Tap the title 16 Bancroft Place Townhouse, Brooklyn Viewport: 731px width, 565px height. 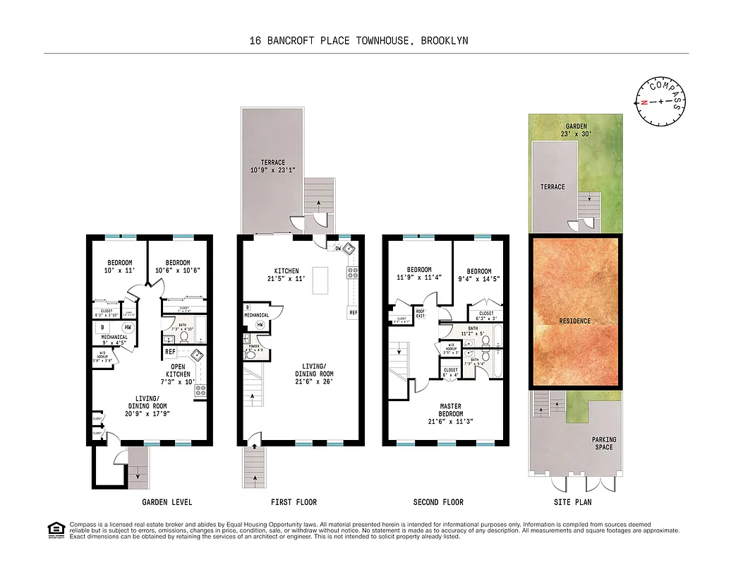(358, 41)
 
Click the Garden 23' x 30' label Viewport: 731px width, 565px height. (576, 129)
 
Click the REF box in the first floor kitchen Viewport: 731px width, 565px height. (351, 312)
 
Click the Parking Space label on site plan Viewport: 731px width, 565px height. (603, 444)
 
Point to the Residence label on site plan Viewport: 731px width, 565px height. (575, 321)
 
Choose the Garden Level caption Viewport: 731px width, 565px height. (167, 502)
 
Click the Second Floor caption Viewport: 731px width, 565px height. (438, 502)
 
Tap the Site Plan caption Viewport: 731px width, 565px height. (573, 502)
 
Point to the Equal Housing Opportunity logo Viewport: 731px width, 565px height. (54, 529)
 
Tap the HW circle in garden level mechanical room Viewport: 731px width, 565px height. (128, 327)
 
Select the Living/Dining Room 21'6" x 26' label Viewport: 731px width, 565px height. (315, 377)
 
